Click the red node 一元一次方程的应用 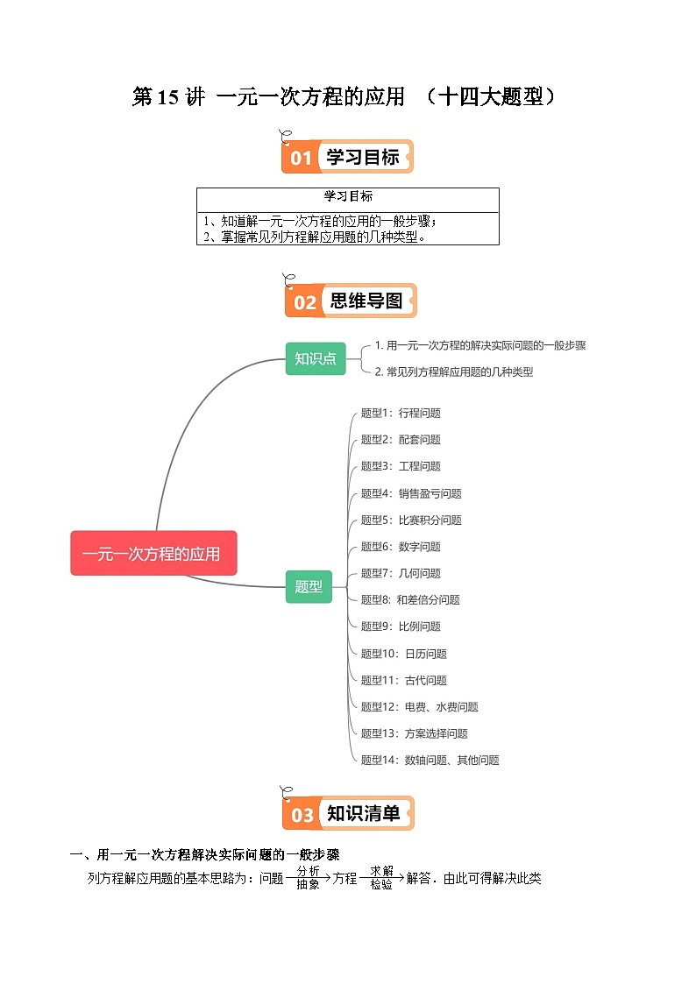pyautogui.click(x=153, y=554)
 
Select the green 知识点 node pyautogui.click(x=316, y=358)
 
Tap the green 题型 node pyautogui.click(x=309, y=587)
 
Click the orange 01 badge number pyautogui.click(x=301, y=158)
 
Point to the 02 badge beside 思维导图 pyautogui.click(x=304, y=302)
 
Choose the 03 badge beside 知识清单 pyautogui.click(x=302, y=815)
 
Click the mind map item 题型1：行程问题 pyautogui.click(x=401, y=413)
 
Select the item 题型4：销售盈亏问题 pyautogui.click(x=411, y=493)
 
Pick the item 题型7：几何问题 pyautogui.click(x=401, y=573)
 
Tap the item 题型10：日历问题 pyautogui.click(x=404, y=654)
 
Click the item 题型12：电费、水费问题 pyautogui.click(x=420, y=707)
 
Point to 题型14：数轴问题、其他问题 pyautogui.click(x=430, y=761)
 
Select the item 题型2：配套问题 pyautogui.click(x=401, y=440)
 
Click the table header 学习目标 pyautogui.click(x=348, y=196)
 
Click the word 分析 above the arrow pyautogui.click(x=309, y=871)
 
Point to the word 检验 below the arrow pyautogui.click(x=381, y=885)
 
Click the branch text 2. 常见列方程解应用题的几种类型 pyautogui.click(x=454, y=372)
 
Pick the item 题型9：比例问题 pyautogui.click(x=401, y=627)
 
